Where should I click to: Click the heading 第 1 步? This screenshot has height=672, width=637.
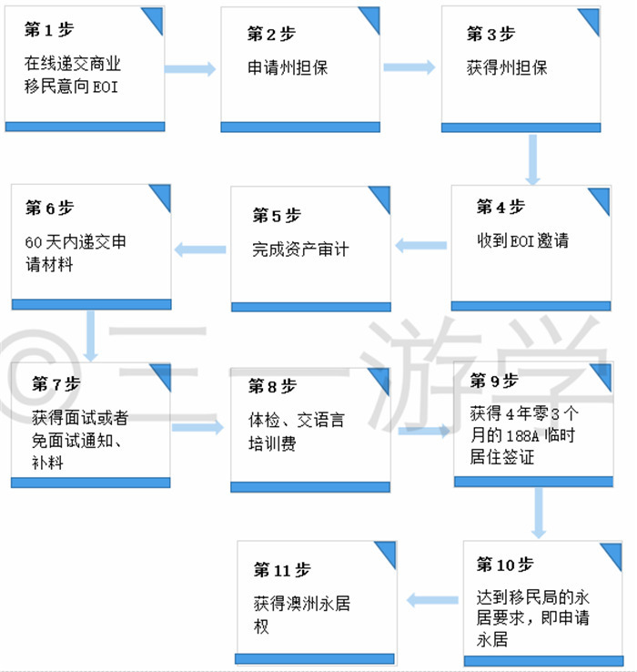[x=49, y=30]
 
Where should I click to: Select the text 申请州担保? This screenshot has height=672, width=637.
[x=288, y=67]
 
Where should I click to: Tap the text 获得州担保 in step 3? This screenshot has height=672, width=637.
[x=507, y=67]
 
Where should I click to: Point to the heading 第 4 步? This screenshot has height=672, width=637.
[x=500, y=207]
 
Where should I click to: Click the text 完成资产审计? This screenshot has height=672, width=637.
[x=300, y=249]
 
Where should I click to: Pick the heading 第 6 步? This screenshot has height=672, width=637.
[x=49, y=209]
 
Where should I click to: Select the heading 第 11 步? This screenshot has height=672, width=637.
[x=282, y=570]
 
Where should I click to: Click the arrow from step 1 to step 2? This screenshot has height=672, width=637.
[x=190, y=69]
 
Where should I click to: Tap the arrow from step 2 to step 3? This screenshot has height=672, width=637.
[x=409, y=67]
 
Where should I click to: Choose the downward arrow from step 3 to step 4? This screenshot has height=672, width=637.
[x=532, y=160]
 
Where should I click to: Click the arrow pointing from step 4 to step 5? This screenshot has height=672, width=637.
[x=420, y=246]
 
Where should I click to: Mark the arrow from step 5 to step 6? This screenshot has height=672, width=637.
[x=200, y=249]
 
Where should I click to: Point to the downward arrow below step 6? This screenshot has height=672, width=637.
[x=90, y=336]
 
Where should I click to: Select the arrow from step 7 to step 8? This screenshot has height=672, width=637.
[x=197, y=427]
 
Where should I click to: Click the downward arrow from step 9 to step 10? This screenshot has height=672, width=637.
[x=539, y=513]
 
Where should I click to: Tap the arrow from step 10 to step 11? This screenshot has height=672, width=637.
[x=432, y=600]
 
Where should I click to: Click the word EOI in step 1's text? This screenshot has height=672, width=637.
[x=106, y=87]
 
